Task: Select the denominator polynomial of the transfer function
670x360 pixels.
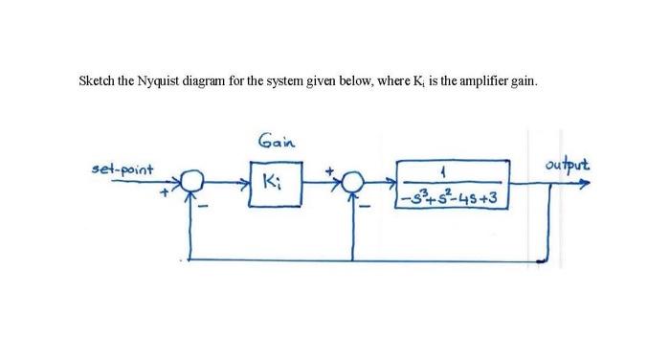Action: point(453,197)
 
